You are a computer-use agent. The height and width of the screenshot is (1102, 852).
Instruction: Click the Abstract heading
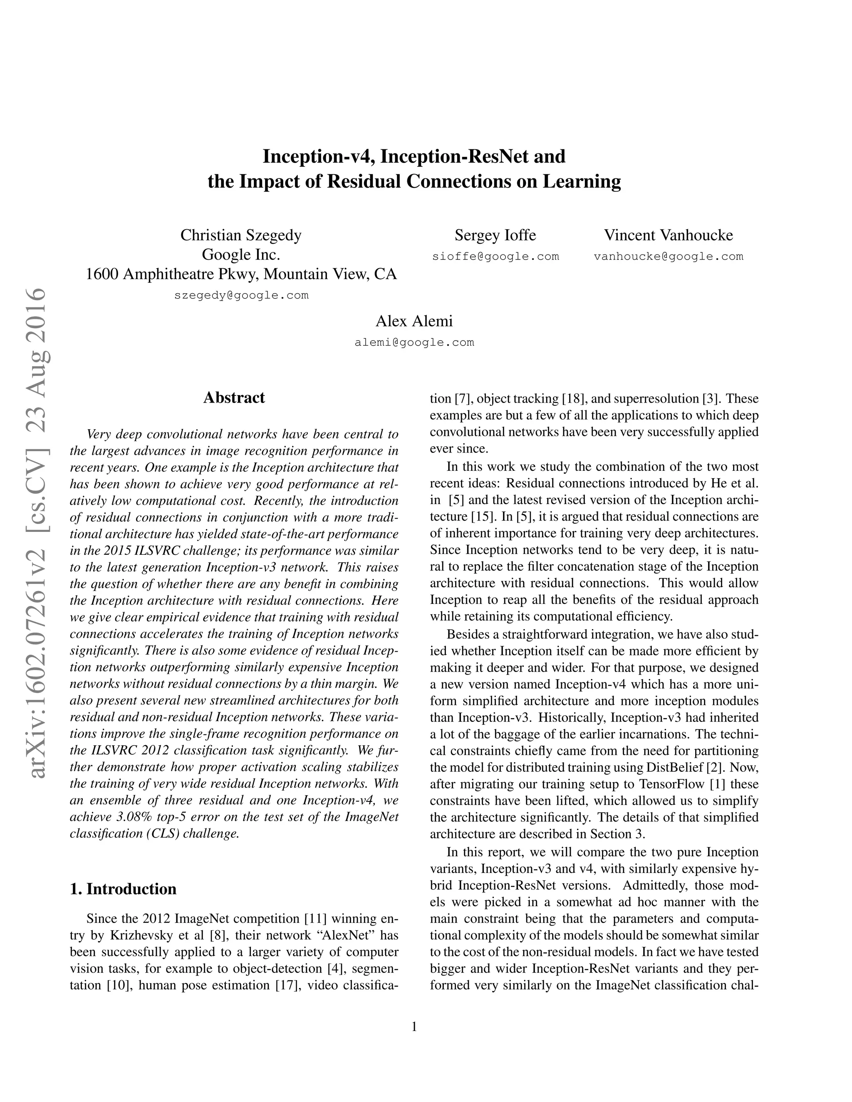point(234,398)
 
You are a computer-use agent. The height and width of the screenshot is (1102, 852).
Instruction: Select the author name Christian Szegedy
point(241,235)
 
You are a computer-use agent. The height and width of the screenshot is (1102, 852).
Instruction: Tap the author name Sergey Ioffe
point(495,235)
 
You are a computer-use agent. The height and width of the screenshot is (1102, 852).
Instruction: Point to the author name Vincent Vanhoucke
point(668,235)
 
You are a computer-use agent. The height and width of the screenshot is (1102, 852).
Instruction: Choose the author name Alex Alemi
point(414,321)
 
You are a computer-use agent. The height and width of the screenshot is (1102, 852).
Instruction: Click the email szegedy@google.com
point(241,295)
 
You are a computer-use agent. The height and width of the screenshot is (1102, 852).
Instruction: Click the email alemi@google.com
point(414,343)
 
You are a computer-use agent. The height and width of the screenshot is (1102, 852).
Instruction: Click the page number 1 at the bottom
point(414,1027)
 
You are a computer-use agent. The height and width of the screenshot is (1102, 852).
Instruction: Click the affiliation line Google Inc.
point(241,254)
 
